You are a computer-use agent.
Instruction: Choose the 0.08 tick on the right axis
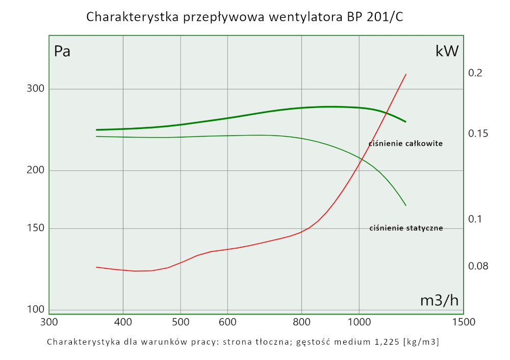[x=478, y=266]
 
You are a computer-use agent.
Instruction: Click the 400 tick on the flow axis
[x=123, y=322]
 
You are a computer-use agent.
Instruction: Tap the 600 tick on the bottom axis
[x=227, y=322]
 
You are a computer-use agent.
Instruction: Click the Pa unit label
[x=62, y=52]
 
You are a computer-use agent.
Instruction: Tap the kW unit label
[x=447, y=51]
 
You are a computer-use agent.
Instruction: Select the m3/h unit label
[x=439, y=300]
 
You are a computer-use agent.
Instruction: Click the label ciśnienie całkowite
[x=405, y=144]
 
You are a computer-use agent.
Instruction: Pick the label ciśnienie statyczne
[x=406, y=228]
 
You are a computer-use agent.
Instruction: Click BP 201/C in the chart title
[x=374, y=17]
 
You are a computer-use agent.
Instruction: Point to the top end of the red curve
[x=406, y=74]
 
